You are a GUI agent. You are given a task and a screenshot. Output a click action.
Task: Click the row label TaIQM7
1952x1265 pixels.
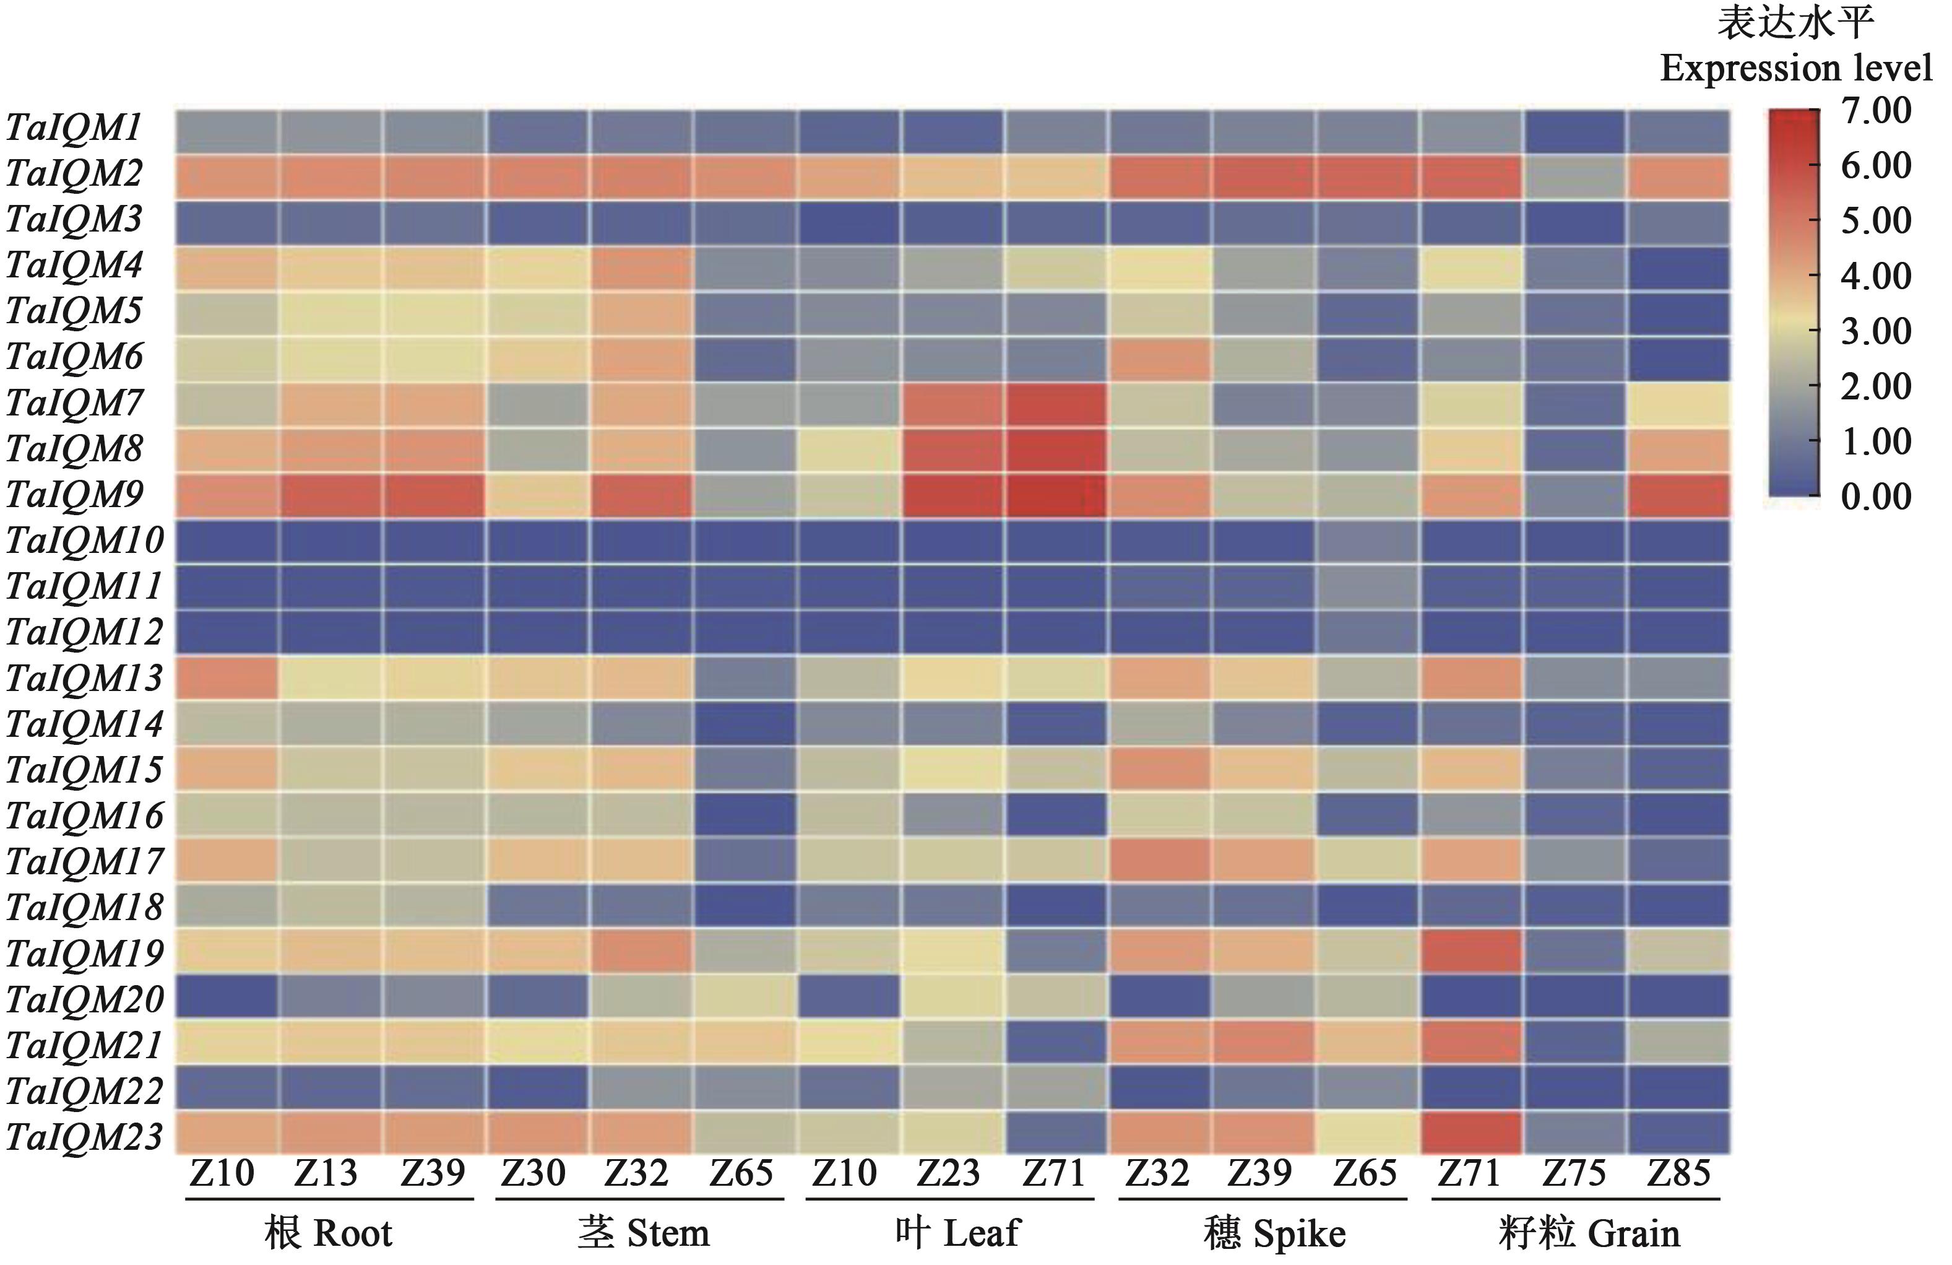click(x=75, y=403)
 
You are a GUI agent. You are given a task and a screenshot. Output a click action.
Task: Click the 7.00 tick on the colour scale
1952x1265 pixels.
click(x=1876, y=111)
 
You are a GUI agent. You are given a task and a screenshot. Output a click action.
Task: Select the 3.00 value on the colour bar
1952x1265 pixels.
click(x=1876, y=331)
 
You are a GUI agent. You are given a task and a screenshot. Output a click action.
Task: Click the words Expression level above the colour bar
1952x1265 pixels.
click(x=1796, y=69)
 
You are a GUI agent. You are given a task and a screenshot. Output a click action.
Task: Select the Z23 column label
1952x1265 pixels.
click(x=949, y=1174)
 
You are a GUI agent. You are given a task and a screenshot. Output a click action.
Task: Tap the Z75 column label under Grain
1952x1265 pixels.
click(x=1574, y=1174)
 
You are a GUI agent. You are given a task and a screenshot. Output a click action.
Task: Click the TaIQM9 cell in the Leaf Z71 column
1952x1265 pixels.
click(x=1055, y=495)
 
